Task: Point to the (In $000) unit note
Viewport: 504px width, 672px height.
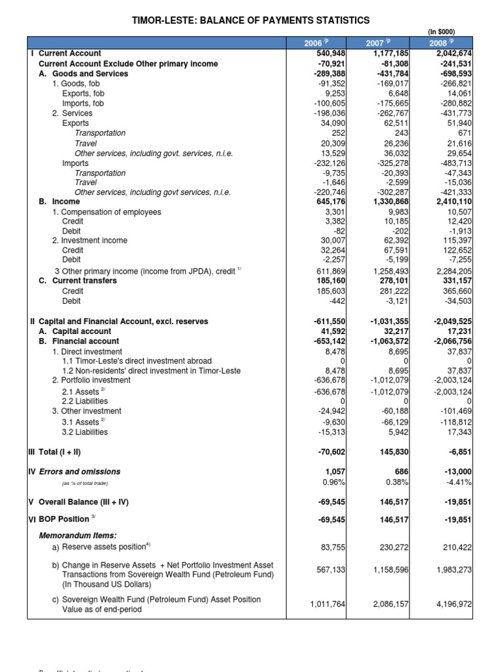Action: (x=441, y=31)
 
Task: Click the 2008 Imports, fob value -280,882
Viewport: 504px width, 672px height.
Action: (x=452, y=103)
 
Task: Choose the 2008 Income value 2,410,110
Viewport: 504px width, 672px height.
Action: (x=449, y=201)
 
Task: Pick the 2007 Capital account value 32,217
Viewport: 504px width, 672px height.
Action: (x=394, y=331)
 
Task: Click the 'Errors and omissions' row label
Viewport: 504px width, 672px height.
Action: (x=79, y=471)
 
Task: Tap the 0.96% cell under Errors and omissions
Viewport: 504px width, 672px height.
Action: (x=332, y=481)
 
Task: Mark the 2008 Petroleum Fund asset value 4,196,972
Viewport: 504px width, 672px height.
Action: (x=450, y=604)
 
